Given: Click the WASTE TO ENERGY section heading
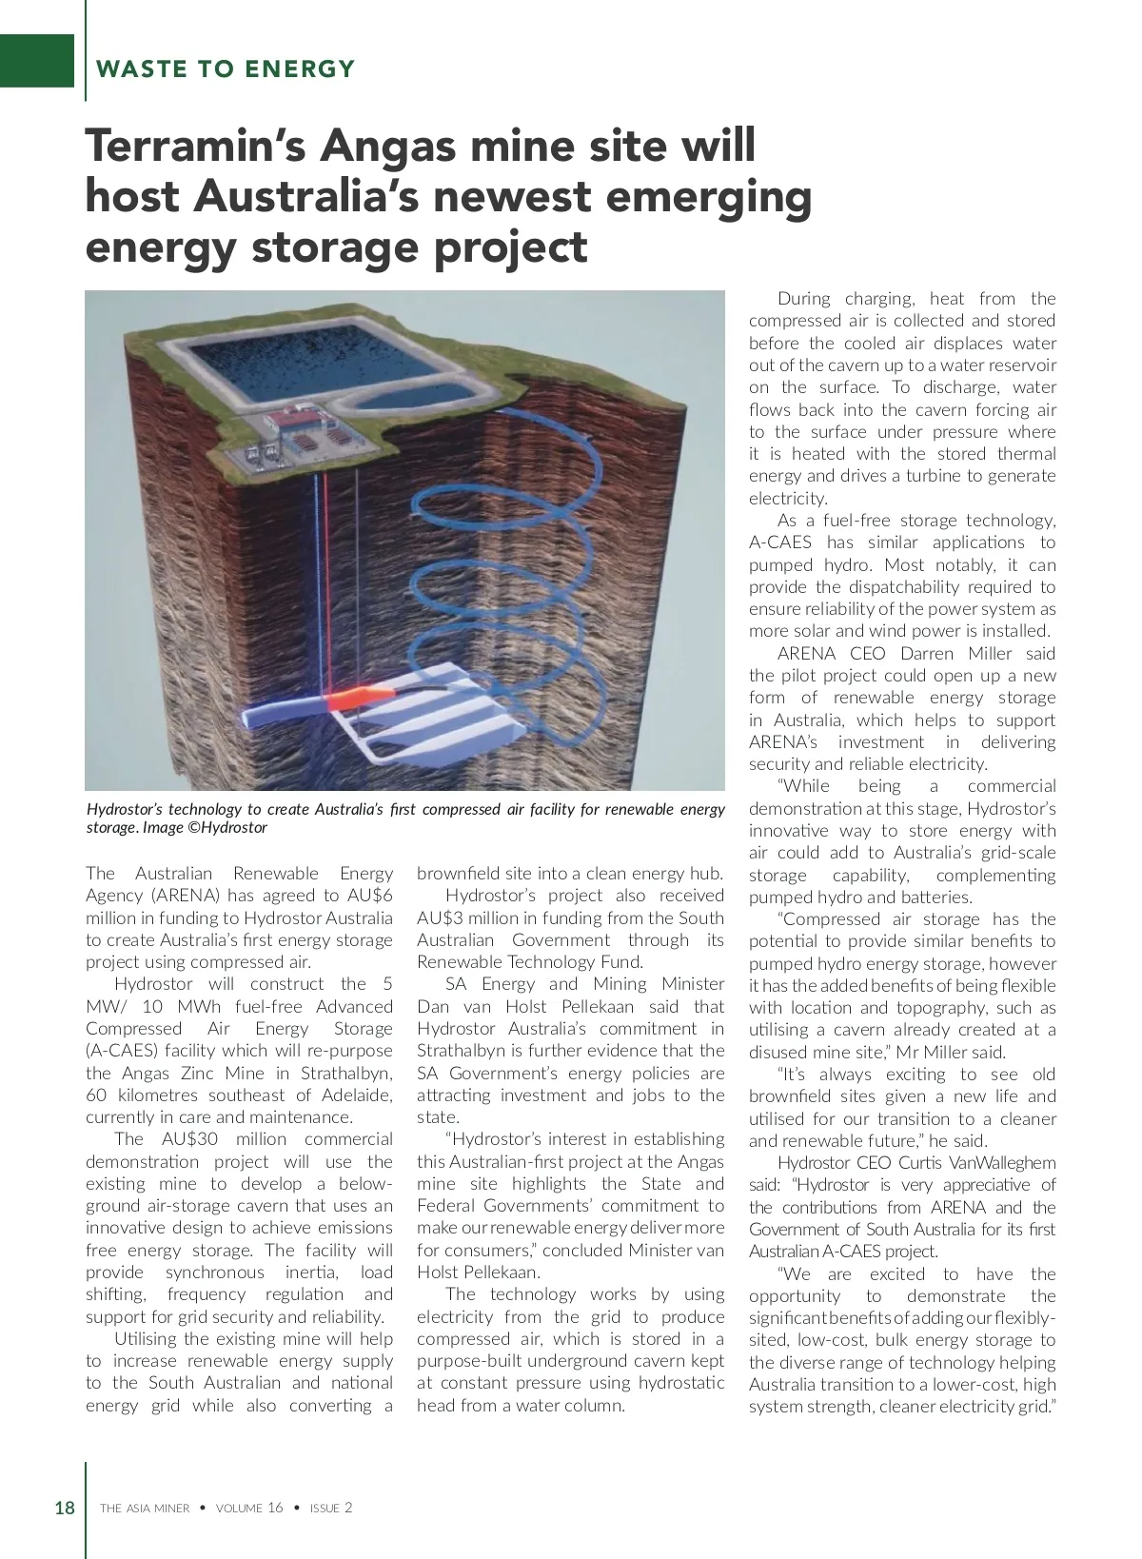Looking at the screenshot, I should (226, 69).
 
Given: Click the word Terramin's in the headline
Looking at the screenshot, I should (194, 146).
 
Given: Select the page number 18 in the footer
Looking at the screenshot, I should (65, 1508).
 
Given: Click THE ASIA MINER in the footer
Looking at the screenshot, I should (145, 1509).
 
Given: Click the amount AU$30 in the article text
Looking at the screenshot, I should (194, 1139).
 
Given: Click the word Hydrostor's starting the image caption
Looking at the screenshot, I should (125, 809).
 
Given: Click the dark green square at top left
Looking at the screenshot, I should (36, 60).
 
